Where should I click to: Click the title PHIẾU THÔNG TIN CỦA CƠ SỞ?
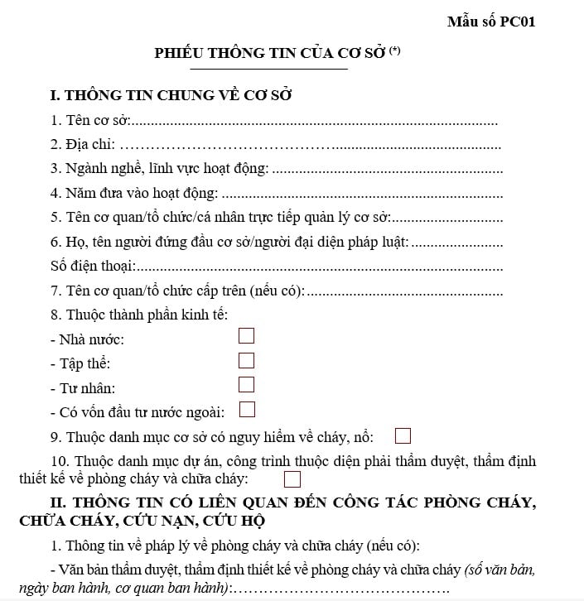coord(270,53)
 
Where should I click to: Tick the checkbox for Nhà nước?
coord(246,335)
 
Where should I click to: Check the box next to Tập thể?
coord(246,360)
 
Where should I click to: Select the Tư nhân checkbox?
coord(246,384)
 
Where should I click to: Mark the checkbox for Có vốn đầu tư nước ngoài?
coord(246,409)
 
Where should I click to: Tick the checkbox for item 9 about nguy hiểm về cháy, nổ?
coord(403,435)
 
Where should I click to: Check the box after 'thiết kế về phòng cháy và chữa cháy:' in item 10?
coord(292,478)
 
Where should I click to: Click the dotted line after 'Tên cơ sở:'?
coord(315,122)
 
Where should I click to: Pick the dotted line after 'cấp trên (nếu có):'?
coord(405,291)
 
